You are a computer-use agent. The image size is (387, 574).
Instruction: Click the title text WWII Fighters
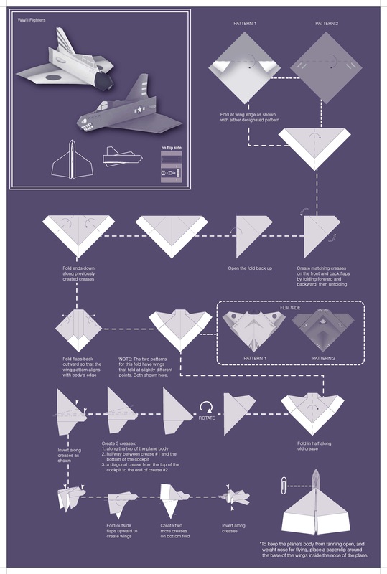tap(34, 20)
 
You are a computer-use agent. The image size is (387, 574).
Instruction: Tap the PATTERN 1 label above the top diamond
tap(245, 24)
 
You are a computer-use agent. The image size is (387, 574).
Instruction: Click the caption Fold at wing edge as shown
tap(250, 116)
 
